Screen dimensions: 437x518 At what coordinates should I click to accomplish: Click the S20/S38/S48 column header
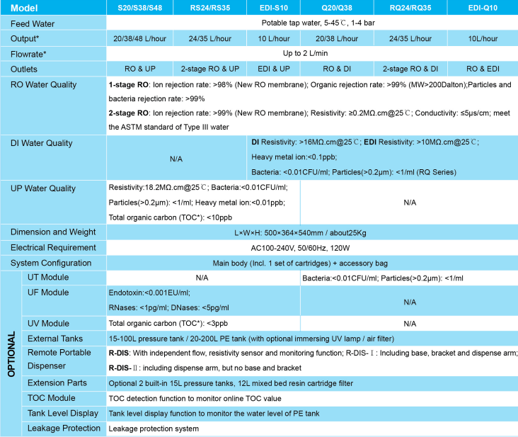(139, 8)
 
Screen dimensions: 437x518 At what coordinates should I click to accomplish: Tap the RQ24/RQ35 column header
(410, 8)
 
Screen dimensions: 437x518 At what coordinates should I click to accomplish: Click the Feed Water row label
(33, 23)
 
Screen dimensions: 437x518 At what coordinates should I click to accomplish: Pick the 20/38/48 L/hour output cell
(139, 38)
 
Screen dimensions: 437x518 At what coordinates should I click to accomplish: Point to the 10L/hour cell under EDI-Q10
(483, 38)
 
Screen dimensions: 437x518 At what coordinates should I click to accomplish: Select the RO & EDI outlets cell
(483, 69)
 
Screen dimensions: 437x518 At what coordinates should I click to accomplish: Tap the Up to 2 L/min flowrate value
(311, 53)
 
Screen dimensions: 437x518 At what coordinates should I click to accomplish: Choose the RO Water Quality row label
(44, 85)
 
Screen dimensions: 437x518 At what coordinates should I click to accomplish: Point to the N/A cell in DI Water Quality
(176, 159)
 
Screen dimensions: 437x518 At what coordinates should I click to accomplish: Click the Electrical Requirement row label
(53, 247)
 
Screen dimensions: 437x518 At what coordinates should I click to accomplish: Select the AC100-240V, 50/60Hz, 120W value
(311, 248)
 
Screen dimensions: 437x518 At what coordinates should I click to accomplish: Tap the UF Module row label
(48, 293)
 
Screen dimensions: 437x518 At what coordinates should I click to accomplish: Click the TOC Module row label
(51, 398)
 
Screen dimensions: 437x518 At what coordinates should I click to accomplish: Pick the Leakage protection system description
(154, 429)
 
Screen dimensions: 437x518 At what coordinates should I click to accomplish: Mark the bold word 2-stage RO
(129, 113)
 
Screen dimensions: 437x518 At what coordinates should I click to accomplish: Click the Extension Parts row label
(57, 383)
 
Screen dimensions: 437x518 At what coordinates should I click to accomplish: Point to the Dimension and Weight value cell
(311, 232)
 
